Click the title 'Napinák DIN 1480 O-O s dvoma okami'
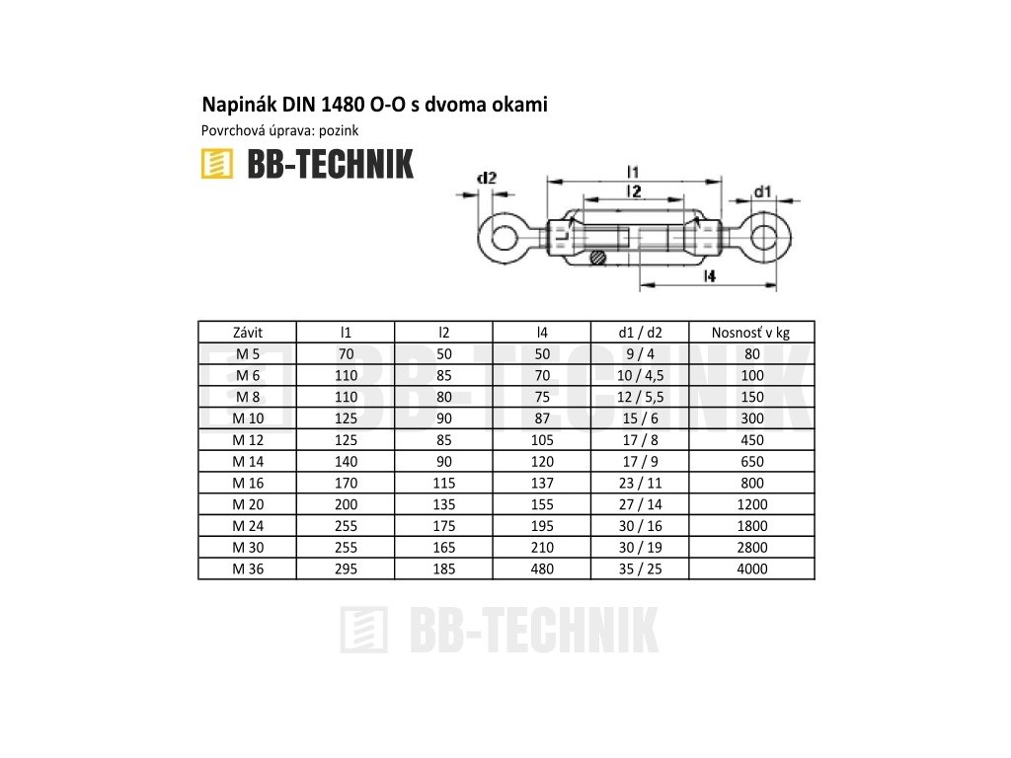tap(374, 104)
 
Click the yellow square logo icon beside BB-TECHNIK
tap(216, 165)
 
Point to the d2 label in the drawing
tap(486, 179)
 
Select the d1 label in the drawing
tap(762, 190)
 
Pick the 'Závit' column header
tap(248, 333)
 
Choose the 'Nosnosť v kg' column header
tap(750, 333)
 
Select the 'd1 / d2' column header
tap(639, 333)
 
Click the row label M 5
tap(248, 354)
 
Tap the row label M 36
tap(248, 568)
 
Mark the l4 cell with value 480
tap(541, 568)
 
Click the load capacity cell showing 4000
tap(750, 568)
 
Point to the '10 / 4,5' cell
tap(639, 376)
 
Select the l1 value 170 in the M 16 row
tap(346, 483)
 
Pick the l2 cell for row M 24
tap(443, 526)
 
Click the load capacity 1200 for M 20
tap(750, 504)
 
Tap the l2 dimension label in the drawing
tap(635, 190)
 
